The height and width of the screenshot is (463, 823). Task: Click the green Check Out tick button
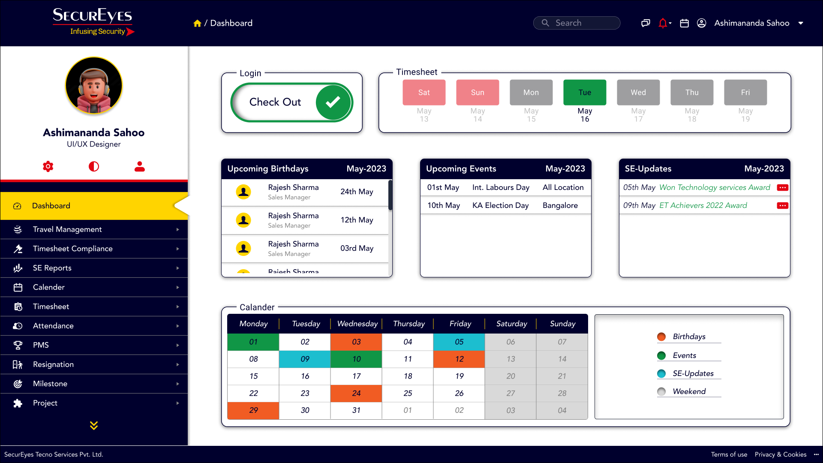(x=333, y=102)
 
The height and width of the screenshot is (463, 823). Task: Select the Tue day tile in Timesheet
(x=584, y=92)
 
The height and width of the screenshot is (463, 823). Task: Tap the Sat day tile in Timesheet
(x=424, y=92)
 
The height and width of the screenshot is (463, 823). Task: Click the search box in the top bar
(x=577, y=23)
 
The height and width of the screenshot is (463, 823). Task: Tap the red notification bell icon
(x=663, y=23)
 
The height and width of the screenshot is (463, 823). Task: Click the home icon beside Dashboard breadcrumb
(x=197, y=24)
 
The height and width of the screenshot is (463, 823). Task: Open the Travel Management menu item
(x=67, y=229)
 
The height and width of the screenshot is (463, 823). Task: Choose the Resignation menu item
(x=53, y=364)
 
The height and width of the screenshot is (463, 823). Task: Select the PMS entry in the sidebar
(x=41, y=345)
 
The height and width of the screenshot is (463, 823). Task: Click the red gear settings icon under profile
(x=48, y=166)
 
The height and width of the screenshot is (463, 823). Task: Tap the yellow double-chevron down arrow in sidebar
(x=94, y=425)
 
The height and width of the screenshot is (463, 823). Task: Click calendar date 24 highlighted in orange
(x=356, y=393)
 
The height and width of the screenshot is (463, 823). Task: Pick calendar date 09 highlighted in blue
(x=305, y=359)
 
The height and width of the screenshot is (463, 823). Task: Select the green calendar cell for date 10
(x=356, y=359)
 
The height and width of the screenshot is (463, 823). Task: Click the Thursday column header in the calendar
(x=408, y=324)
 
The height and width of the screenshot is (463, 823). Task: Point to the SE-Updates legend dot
(x=661, y=373)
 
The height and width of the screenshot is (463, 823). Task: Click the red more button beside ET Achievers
(x=782, y=206)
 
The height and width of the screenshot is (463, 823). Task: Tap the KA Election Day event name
(x=500, y=205)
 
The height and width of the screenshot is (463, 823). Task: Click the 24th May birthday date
(x=357, y=192)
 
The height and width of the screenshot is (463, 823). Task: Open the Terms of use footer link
(x=729, y=454)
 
